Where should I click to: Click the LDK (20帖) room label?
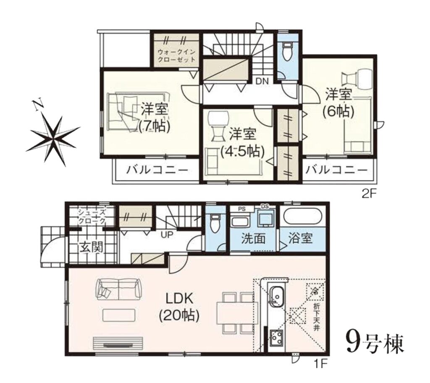click(179, 307)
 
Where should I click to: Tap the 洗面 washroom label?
click(253, 239)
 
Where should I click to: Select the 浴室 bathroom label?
click(301, 238)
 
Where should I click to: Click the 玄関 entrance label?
click(91, 247)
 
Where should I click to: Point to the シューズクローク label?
click(91, 216)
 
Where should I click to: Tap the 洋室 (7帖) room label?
click(155, 118)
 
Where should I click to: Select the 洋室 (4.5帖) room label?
click(242, 142)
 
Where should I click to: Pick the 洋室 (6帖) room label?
click(338, 102)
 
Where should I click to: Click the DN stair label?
click(262, 81)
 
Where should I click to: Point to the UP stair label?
click(167, 235)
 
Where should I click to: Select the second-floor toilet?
click(287, 51)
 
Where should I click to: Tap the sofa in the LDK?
click(118, 289)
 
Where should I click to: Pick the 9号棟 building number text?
click(375, 344)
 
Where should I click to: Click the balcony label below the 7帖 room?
click(157, 171)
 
